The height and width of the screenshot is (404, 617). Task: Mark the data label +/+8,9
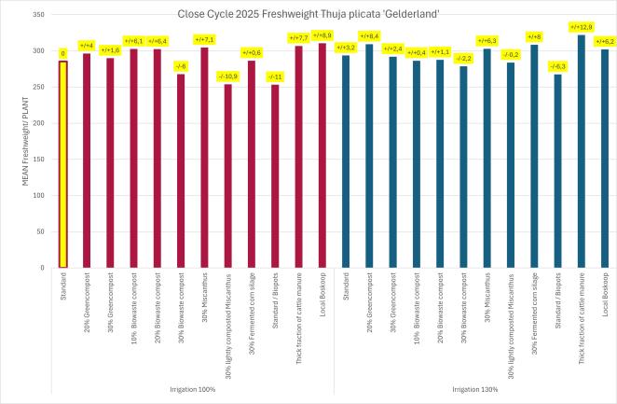click(x=322, y=35)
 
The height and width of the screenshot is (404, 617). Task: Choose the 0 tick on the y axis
click(x=43, y=268)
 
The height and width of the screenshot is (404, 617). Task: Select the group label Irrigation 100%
click(x=193, y=389)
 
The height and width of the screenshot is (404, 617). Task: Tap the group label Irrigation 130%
click(x=475, y=389)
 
